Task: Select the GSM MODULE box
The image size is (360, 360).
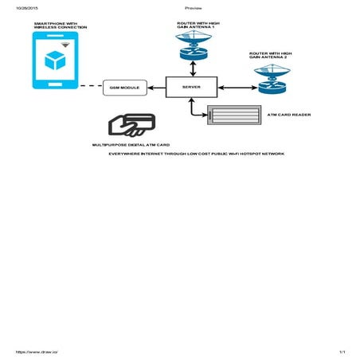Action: (x=125, y=87)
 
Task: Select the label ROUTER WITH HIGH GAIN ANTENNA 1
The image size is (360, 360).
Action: (x=195, y=25)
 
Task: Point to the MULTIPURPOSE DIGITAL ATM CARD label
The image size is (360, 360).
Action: (x=131, y=145)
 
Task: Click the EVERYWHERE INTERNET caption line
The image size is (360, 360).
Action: (x=196, y=153)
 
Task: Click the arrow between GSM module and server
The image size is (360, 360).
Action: (x=156, y=87)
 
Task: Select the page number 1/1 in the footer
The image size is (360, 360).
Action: (x=341, y=351)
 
